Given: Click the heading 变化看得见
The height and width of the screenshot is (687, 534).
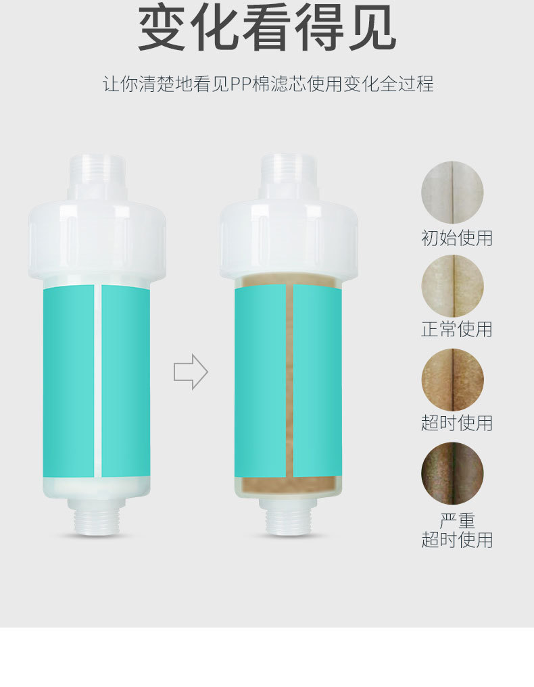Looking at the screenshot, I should [267, 28].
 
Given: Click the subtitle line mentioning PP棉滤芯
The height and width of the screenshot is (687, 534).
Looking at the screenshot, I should [268, 85].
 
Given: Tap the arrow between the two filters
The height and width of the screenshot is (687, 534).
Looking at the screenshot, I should [191, 372].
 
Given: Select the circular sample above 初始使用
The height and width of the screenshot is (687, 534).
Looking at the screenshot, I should [452, 193].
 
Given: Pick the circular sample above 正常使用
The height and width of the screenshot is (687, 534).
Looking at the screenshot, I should [452, 286].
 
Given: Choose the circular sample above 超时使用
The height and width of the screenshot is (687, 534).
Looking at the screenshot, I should [452, 379].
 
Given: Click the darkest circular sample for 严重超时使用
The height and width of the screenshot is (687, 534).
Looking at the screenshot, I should [452, 473].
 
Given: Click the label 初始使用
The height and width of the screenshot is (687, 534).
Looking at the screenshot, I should [457, 238].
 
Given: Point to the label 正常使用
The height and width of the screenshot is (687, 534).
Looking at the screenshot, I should [457, 330].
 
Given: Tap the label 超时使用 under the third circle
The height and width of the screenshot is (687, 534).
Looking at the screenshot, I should [457, 424].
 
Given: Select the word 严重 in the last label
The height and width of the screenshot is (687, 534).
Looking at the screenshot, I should [457, 521].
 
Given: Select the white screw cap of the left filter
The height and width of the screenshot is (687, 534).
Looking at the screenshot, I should [97, 240].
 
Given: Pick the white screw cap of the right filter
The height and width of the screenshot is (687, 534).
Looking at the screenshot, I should [289, 240].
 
